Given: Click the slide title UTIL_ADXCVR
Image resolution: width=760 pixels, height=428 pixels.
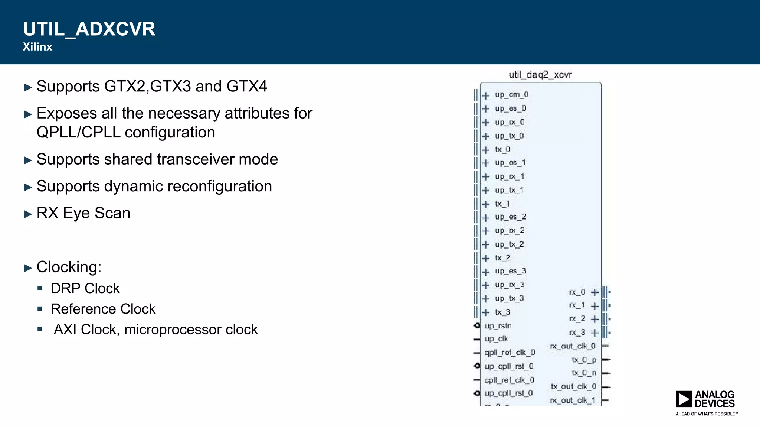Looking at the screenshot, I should [x=89, y=29].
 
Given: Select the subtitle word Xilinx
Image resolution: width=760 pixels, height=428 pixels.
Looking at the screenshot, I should [x=37, y=47].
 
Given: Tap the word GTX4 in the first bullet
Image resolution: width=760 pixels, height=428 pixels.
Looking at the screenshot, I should [x=247, y=87].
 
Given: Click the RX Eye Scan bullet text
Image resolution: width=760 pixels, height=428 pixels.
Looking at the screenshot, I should [x=83, y=213].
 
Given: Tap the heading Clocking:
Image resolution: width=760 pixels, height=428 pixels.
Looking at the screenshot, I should [x=69, y=267].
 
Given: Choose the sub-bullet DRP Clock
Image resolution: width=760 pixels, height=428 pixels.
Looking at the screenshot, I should [x=85, y=289].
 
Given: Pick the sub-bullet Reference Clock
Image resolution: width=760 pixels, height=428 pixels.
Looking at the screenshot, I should [x=103, y=309].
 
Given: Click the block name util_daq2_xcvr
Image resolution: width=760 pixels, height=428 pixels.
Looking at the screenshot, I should [x=540, y=75].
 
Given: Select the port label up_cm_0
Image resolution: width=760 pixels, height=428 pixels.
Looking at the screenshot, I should [x=511, y=95].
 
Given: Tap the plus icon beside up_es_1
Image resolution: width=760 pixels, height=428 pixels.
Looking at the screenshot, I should [x=486, y=163].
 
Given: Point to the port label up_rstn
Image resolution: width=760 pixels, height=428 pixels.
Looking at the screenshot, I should [x=498, y=326].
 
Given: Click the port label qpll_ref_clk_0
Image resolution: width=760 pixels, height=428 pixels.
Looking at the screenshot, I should [x=510, y=353].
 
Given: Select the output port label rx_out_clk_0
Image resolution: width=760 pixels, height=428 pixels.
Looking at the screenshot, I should [x=573, y=346].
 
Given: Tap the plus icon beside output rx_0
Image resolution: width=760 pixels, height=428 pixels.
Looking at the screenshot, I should [x=594, y=292].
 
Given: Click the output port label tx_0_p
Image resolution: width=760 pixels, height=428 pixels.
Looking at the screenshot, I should [x=584, y=360].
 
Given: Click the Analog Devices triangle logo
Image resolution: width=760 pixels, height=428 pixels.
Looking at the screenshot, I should [x=684, y=399].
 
